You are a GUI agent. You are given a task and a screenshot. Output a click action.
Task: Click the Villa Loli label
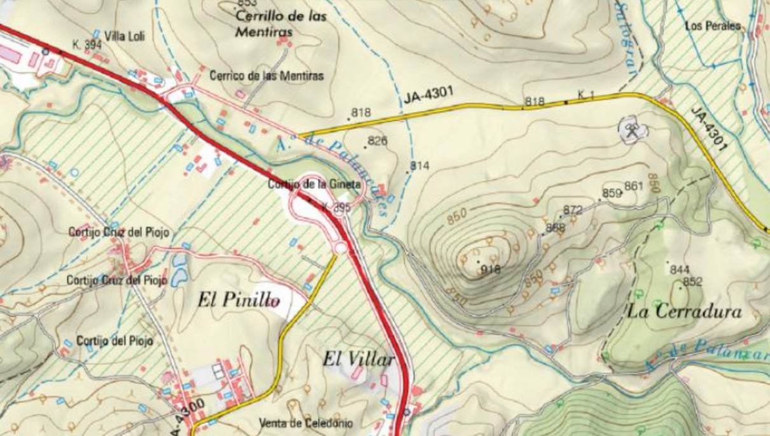125,37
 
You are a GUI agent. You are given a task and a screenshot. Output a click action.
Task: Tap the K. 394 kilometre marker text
87,45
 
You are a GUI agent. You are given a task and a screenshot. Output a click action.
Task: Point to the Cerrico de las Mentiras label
267,76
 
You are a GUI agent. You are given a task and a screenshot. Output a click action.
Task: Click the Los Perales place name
714,26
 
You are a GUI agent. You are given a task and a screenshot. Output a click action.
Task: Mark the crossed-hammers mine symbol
632,130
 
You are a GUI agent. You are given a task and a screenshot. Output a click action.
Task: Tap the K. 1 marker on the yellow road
585,95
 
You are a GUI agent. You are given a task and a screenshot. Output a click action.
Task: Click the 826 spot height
377,141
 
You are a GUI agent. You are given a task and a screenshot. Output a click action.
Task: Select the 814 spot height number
420,166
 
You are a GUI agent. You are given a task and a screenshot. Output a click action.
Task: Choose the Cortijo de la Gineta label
314,185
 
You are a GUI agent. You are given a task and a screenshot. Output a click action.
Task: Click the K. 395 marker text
336,207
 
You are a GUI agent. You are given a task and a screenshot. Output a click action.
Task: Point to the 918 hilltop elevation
491,269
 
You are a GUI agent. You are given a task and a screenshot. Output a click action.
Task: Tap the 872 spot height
573,210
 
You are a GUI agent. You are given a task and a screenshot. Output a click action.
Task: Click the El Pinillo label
239,300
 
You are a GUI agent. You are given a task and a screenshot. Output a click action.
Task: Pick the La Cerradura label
685,312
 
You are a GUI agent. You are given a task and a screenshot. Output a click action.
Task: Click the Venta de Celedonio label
306,423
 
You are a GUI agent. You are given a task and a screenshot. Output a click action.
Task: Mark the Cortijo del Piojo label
115,341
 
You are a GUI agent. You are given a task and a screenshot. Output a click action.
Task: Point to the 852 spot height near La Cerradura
692,282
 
